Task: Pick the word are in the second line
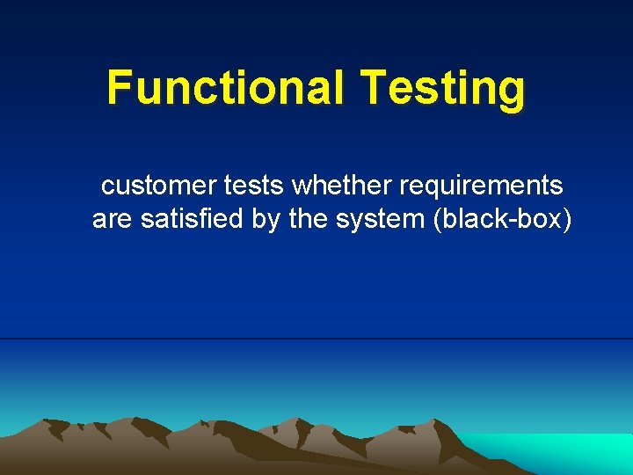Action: pyautogui.click(x=111, y=219)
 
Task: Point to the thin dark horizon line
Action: pyautogui.click(x=316, y=339)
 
